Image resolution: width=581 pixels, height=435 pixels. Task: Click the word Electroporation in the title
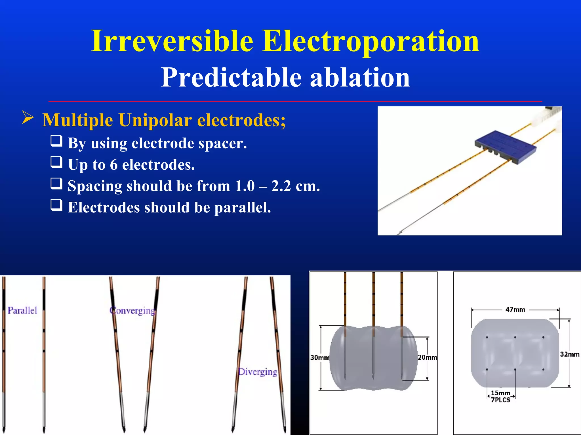point(371,41)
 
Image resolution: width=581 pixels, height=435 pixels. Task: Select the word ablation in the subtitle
point(360,78)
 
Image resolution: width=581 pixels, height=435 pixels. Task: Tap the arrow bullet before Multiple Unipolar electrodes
point(28,118)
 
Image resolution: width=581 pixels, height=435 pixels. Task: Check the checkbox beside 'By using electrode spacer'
point(56,140)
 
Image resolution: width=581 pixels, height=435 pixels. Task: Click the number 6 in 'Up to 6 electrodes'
point(113,165)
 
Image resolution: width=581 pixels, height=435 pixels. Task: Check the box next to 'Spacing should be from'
point(56,184)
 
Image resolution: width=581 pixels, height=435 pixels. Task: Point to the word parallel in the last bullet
point(242,207)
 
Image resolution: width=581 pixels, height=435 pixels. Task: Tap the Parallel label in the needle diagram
point(22,310)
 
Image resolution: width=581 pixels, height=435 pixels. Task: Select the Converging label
point(132,310)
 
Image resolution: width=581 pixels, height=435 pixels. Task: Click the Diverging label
point(258,372)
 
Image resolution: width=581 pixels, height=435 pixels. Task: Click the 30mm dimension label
point(320,357)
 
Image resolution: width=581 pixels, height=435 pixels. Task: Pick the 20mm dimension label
point(427,357)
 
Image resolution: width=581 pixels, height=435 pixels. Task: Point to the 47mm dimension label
point(515,310)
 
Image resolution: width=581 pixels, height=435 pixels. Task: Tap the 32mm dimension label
point(570,354)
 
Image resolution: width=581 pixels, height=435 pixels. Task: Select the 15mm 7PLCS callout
point(501,396)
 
